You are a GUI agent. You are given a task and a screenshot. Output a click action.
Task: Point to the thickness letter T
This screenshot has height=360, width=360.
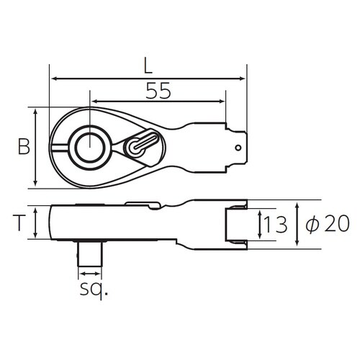click(22, 222)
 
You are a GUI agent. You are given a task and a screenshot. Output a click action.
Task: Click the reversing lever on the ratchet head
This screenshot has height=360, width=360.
click(141, 144)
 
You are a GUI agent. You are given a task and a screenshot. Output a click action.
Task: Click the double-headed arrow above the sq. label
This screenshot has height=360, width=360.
click(90, 274)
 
